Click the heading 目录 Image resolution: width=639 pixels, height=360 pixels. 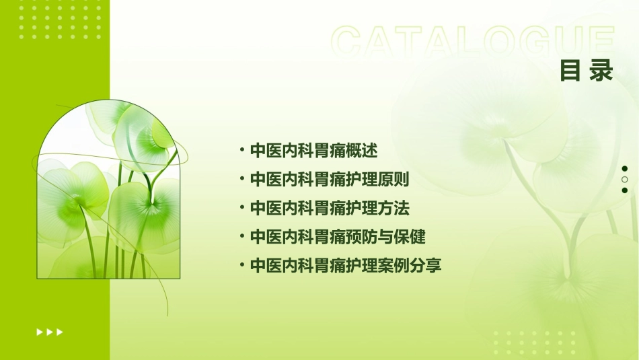click(587, 71)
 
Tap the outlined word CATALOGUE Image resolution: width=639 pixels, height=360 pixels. click(473, 42)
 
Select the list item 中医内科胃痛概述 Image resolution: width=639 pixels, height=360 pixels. click(313, 150)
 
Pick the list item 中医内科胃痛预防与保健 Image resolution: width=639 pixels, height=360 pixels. click(338, 237)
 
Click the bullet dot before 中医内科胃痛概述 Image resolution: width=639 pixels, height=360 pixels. click(241, 149)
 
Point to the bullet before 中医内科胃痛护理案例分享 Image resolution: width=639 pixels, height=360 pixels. click(241, 265)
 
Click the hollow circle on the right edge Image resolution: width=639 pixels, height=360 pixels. click(625, 180)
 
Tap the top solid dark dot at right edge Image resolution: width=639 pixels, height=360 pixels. click(625, 169)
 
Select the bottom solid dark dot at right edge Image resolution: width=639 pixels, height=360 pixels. click(625, 190)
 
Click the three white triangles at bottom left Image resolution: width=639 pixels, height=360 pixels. click(50, 332)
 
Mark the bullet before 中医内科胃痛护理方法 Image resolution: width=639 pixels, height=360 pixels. click(241, 207)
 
